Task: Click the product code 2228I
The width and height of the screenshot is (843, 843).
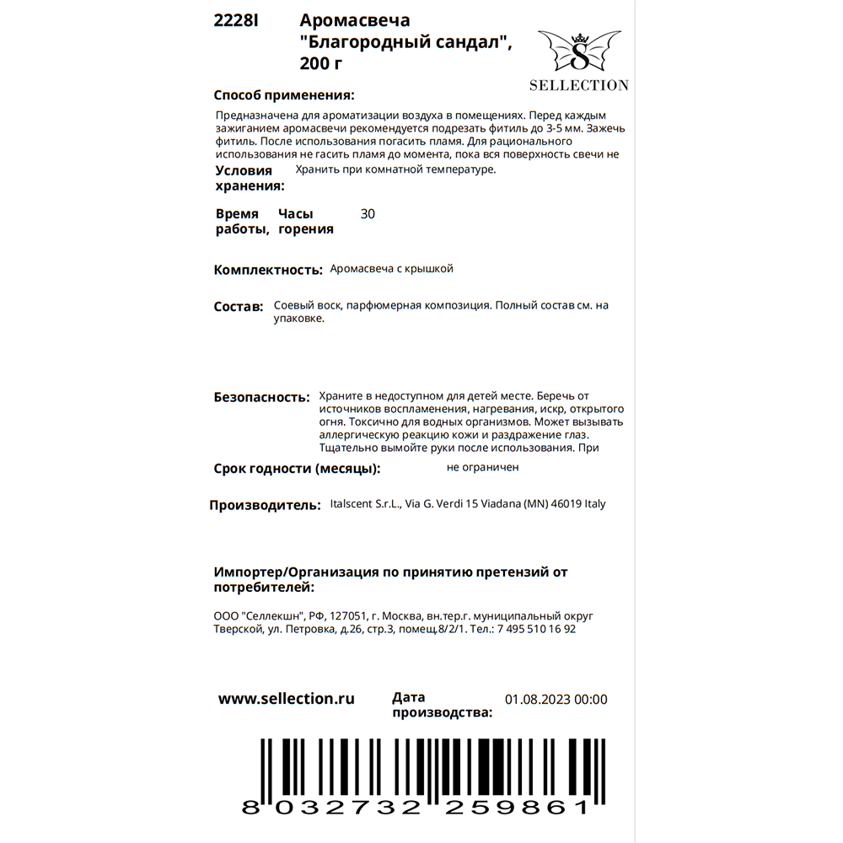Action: [x=236, y=22]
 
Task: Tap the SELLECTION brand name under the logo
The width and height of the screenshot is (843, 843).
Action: [x=578, y=85]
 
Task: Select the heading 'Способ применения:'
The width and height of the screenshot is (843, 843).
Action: [x=284, y=95]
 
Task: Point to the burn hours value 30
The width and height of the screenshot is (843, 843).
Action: [x=368, y=214]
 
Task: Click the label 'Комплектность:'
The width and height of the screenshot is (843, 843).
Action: [x=268, y=271]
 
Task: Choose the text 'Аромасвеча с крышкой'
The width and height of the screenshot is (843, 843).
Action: [x=392, y=269]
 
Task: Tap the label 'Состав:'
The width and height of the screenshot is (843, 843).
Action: [x=239, y=307]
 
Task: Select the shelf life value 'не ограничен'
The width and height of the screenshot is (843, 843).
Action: [x=483, y=467]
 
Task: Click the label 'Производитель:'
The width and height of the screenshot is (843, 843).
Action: [x=265, y=506]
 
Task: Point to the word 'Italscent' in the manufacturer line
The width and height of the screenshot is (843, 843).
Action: [x=354, y=504]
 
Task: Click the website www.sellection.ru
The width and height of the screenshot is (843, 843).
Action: [x=287, y=699]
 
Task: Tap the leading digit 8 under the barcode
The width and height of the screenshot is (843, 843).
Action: [x=250, y=807]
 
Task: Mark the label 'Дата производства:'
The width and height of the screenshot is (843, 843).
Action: [x=442, y=705]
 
